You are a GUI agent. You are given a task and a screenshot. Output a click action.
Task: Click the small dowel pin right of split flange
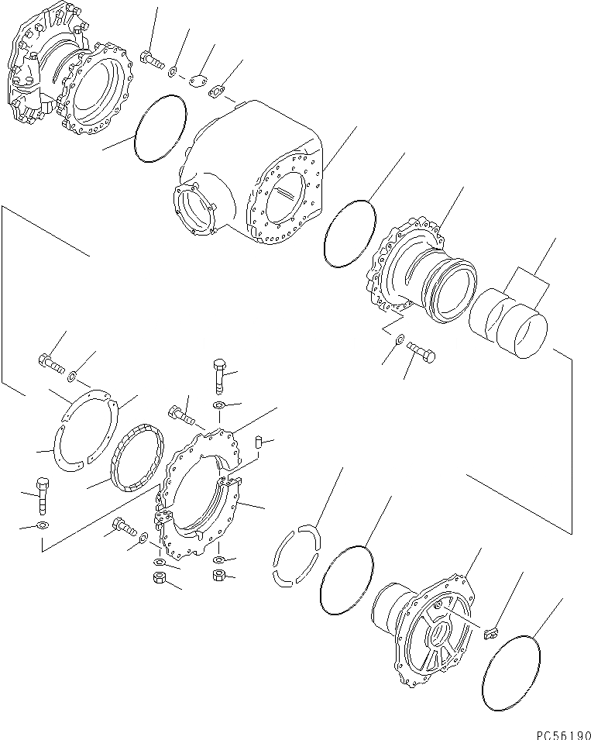[259, 442]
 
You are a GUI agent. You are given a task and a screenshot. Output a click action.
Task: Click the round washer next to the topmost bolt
[174, 72]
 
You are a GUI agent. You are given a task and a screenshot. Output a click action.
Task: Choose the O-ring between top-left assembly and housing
[160, 128]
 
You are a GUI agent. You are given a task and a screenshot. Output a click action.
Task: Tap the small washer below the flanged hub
[399, 339]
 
